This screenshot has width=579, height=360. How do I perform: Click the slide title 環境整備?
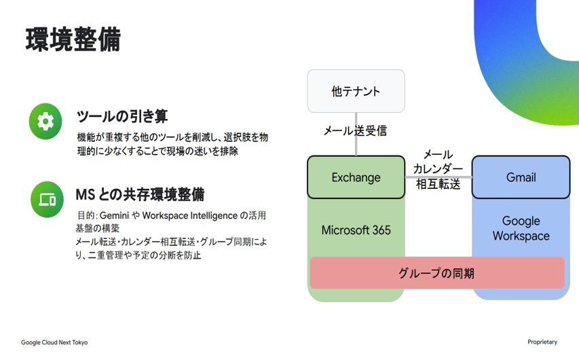click(73, 39)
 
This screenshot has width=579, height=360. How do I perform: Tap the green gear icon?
click(45, 121)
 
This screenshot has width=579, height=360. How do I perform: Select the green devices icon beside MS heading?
click(47, 199)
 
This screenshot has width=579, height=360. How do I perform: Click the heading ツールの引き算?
click(122, 116)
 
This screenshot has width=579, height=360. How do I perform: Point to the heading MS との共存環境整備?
click(140, 194)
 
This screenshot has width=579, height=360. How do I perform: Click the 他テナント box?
click(356, 91)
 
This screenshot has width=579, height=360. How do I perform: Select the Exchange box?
click(356, 177)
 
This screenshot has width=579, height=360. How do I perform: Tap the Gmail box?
click(521, 177)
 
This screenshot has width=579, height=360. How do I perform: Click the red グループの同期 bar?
click(437, 273)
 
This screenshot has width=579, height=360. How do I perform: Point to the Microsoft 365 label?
click(356, 230)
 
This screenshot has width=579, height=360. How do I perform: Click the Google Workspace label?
click(521, 228)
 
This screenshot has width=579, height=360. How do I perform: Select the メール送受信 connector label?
click(355, 130)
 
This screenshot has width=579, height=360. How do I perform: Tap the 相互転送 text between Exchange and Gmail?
click(438, 183)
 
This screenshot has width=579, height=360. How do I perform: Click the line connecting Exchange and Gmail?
click(438, 177)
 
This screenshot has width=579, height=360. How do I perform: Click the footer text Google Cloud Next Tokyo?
click(54, 342)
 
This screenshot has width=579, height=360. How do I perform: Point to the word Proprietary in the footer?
click(542, 342)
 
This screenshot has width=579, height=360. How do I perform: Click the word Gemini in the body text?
click(114, 215)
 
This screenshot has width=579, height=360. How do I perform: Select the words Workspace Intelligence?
click(190, 215)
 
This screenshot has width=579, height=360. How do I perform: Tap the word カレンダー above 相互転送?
click(438, 169)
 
